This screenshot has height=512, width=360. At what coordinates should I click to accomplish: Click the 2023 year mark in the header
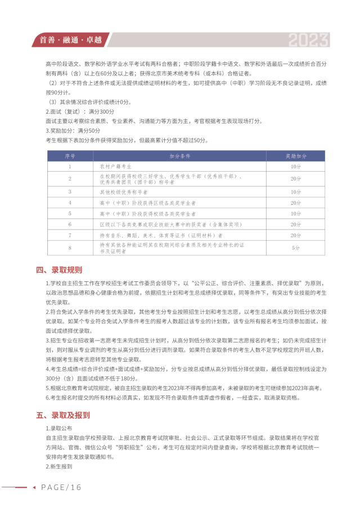(308, 40)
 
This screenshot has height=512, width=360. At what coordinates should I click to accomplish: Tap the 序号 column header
(70, 155)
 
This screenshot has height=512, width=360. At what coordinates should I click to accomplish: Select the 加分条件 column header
(181, 155)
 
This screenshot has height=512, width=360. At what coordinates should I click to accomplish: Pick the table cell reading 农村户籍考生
(116, 167)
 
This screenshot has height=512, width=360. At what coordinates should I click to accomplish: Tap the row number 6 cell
(70, 224)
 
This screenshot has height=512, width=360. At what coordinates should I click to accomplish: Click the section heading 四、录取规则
(58, 270)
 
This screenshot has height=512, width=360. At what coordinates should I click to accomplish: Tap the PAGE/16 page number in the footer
(62, 487)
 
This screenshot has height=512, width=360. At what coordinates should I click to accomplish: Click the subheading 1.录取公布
(58, 428)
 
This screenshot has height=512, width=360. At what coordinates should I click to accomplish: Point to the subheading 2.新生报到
(58, 466)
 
